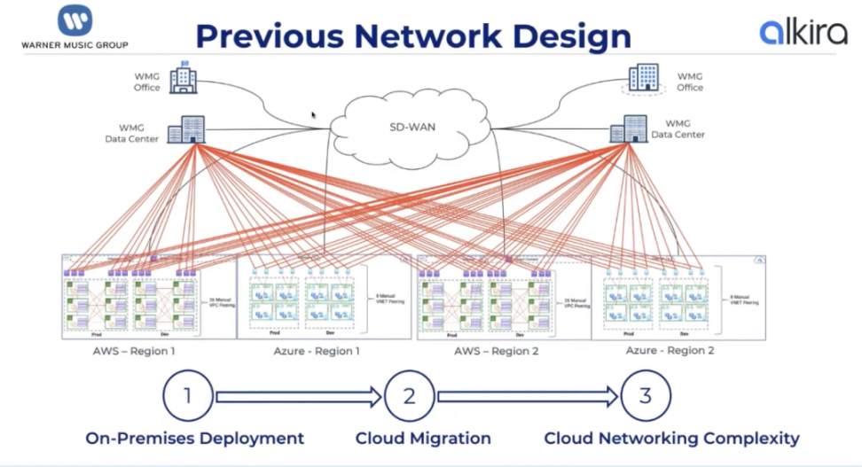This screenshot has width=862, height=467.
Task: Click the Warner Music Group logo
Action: (75, 27)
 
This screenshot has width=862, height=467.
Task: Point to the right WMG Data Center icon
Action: (630, 129)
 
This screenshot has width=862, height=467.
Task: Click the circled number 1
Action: (188, 396)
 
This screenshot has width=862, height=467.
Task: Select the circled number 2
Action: (409, 396)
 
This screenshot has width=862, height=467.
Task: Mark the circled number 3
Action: (646, 396)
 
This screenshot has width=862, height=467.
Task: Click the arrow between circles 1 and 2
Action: (299, 397)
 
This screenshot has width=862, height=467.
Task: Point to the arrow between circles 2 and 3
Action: (528, 397)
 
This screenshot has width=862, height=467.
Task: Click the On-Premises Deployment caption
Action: (195, 438)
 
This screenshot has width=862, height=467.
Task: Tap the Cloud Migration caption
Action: (423, 438)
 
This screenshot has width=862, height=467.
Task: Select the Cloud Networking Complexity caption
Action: (671, 438)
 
